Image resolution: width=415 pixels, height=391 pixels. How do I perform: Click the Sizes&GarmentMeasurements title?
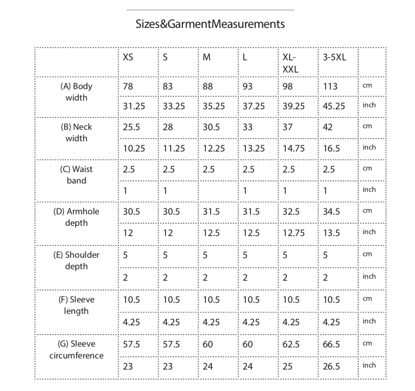210,24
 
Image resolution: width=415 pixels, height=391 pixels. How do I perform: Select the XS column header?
128,57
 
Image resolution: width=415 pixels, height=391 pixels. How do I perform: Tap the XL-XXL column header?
290,63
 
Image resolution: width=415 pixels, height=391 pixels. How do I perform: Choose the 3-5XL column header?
334,57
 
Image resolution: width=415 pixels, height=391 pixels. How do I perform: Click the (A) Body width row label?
76,92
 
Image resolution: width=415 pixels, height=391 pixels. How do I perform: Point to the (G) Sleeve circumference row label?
76,350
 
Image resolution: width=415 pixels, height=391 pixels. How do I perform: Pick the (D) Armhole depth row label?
76,217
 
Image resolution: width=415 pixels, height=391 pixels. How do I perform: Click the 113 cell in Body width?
330,86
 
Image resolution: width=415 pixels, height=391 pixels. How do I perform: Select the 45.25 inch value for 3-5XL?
334,106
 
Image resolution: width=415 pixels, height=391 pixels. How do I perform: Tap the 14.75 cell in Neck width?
294,149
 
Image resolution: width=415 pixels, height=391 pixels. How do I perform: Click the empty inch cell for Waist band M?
218,190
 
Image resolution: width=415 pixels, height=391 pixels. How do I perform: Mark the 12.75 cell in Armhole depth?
294,233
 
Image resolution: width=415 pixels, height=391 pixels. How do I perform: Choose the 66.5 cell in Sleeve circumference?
331,344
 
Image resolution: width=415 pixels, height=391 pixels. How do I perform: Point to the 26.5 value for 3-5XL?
331,366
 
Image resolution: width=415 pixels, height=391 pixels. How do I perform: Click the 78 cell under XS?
128,86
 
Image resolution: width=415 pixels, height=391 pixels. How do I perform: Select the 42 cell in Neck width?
328,127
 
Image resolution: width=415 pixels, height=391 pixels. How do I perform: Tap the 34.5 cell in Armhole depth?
331,211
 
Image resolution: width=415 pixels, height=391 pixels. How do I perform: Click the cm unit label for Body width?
367,86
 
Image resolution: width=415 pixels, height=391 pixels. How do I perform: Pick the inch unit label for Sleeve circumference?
369,365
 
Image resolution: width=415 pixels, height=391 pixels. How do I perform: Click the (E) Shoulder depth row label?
76,260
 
